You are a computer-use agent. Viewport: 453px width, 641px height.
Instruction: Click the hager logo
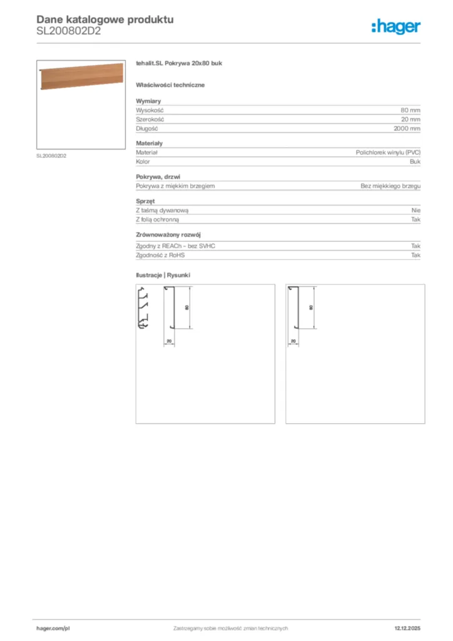point(395,26)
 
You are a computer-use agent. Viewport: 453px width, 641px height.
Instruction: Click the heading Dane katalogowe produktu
point(105,19)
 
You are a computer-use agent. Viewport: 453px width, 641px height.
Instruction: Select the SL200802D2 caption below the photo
point(51,156)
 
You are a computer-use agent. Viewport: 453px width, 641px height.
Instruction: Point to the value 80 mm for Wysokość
point(410,110)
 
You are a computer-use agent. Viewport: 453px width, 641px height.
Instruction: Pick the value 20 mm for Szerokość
point(410,119)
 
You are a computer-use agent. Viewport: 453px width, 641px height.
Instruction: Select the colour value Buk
point(415,162)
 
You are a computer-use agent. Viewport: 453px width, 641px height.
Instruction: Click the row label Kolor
point(143,162)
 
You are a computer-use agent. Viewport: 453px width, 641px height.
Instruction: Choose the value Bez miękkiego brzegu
point(390,186)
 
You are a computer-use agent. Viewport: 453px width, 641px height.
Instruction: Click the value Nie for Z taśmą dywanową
point(416,210)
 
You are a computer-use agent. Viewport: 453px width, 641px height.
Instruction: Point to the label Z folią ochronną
point(158,220)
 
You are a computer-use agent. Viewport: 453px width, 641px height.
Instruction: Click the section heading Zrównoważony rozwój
point(167,235)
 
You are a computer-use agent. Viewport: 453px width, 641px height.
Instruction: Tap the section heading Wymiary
point(148,101)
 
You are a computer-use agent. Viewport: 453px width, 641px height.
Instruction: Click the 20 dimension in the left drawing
point(169,341)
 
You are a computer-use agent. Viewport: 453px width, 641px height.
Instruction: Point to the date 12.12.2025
point(407,628)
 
